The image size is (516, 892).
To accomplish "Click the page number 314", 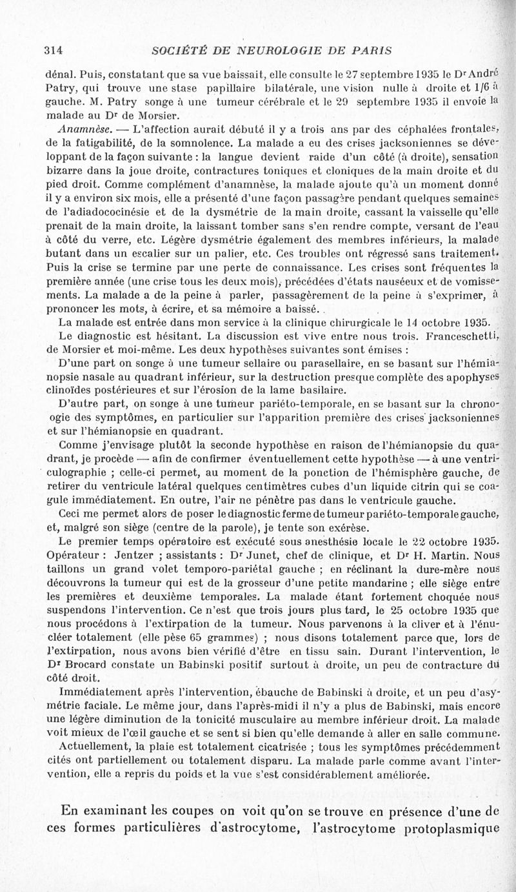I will [52, 50].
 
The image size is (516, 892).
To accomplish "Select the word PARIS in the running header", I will [370, 50].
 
